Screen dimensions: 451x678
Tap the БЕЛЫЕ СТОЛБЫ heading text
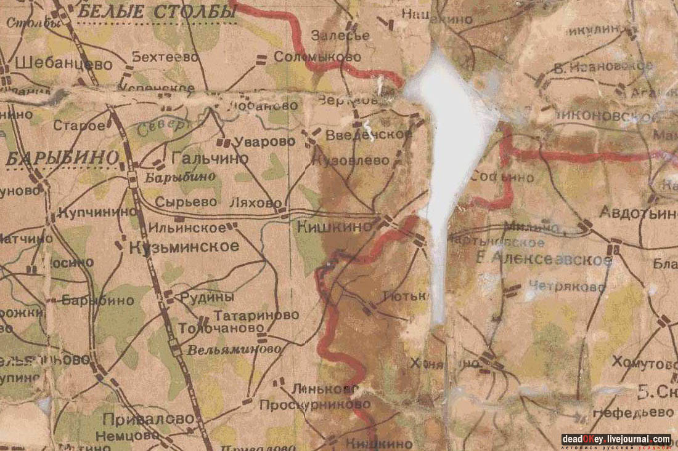point(158,11)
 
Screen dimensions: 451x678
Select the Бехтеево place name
point(165,57)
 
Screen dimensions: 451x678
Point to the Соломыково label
point(317,57)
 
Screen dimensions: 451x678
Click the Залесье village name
point(340,35)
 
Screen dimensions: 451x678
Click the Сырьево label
point(179,201)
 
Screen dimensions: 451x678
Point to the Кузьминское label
point(184,247)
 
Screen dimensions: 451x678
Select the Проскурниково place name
point(314,404)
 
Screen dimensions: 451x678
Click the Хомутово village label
point(644,363)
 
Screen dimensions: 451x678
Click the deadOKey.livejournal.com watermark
point(616,439)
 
